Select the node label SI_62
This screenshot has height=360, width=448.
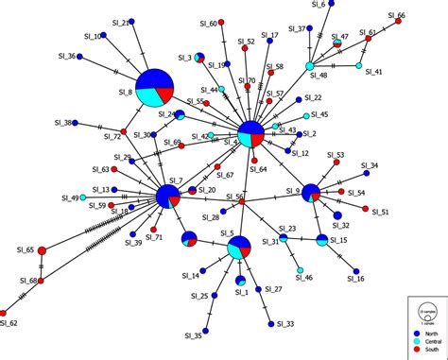coord(9,324)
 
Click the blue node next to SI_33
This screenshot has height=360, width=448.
coord(272,323)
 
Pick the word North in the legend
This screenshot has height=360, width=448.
coord(429,334)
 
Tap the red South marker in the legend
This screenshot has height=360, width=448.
coord(415,351)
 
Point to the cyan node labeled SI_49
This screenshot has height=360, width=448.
coord(82,197)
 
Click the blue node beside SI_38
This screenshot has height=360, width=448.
coord(75,122)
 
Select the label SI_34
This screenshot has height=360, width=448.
coord(369,165)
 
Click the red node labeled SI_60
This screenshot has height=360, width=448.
coord(223,24)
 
